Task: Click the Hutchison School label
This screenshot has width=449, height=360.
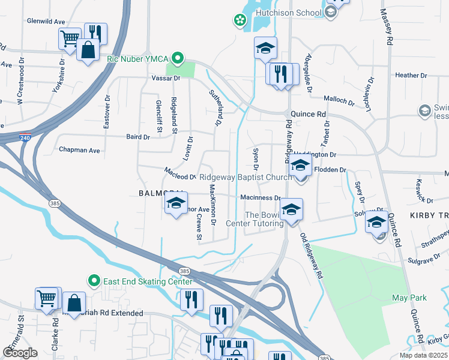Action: click(289, 12)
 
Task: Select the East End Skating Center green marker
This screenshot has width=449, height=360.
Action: click(94, 281)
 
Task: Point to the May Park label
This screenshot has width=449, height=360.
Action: click(409, 298)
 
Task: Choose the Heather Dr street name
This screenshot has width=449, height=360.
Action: click(411, 76)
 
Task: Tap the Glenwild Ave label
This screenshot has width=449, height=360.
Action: click(46, 21)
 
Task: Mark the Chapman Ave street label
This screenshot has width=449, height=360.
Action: click(79, 150)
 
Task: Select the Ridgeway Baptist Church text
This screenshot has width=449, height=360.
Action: click(246, 177)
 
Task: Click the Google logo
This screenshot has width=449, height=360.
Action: click(20, 353)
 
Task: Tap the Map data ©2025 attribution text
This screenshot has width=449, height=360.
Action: click(424, 355)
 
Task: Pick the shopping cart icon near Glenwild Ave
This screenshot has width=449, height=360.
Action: click(70, 38)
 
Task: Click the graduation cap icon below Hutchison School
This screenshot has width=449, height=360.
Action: click(265, 49)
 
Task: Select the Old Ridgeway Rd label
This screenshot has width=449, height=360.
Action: click(312, 255)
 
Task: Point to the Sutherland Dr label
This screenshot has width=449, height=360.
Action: click(215, 108)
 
